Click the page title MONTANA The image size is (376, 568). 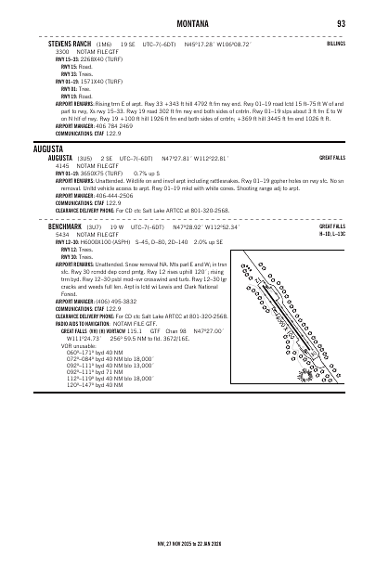click(188, 22)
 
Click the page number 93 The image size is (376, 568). click(341, 22)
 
